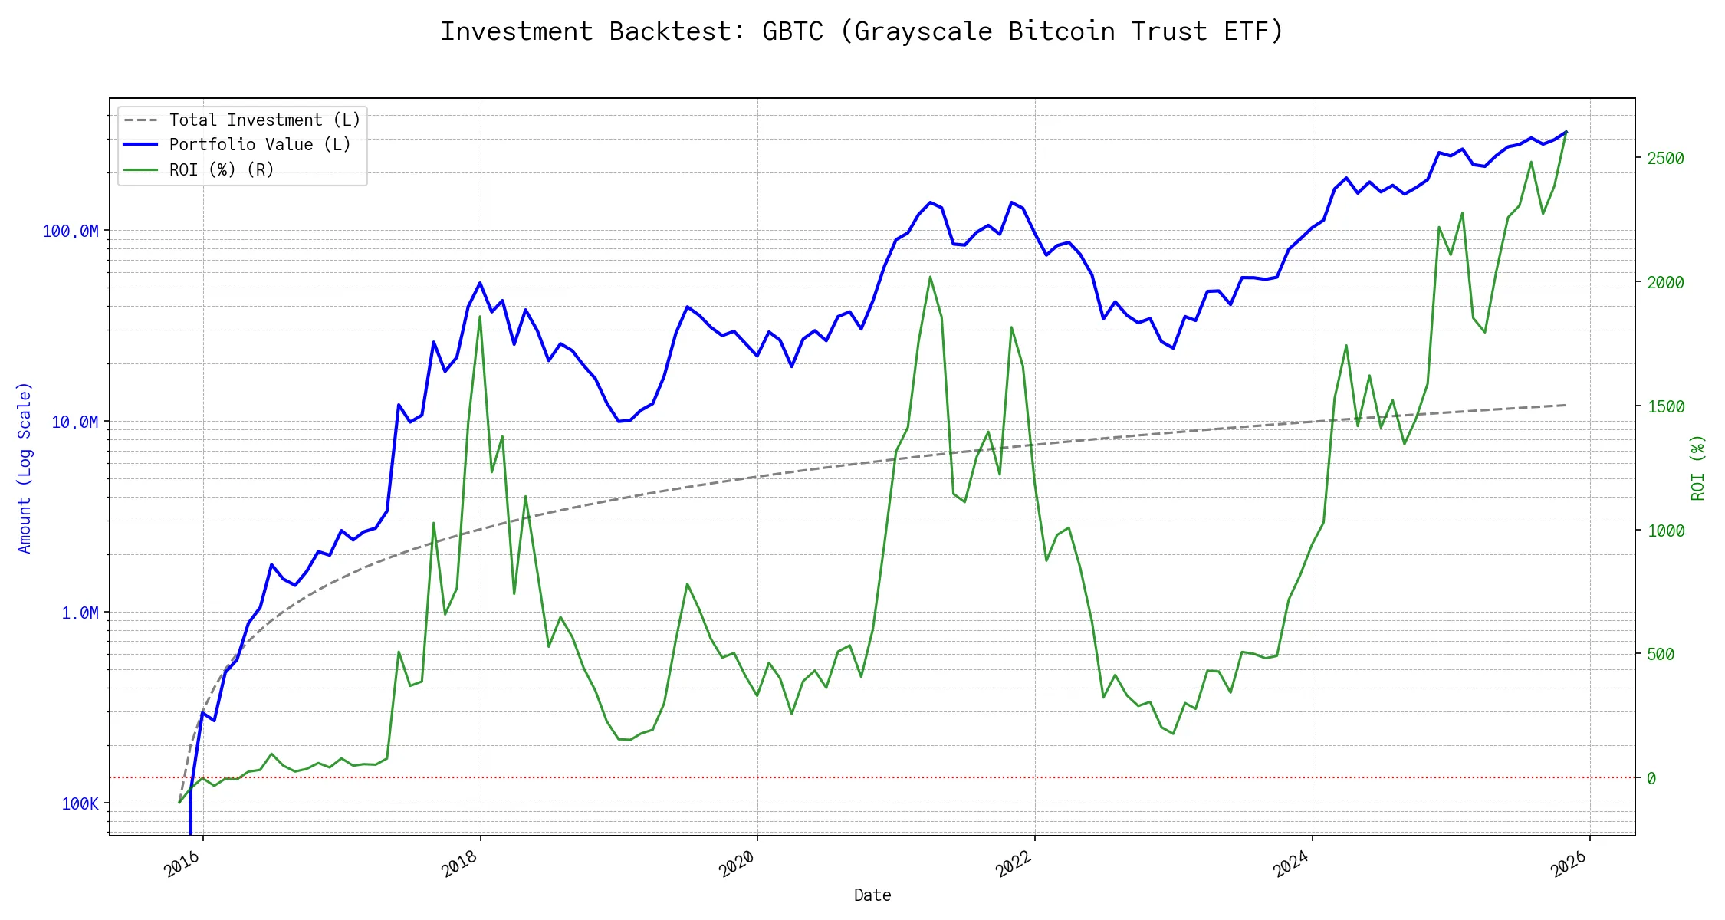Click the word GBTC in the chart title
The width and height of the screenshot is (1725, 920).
pyautogui.click(x=792, y=31)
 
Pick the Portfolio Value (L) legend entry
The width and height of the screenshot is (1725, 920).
pyautogui.click(x=260, y=145)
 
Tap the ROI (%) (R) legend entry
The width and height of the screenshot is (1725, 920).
pyautogui.click(x=222, y=169)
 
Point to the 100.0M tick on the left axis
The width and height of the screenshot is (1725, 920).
pyautogui.click(x=71, y=231)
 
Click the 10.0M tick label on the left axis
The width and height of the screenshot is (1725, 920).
pyautogui.click(x=74, y=422)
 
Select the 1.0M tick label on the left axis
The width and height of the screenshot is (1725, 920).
pyautogui.click(x=80, y=613)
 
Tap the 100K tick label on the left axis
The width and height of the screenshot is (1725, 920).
pyautogui.click(x=80, y=803)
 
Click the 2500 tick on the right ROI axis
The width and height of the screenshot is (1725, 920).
pyautogui.click(x=1665, y=159)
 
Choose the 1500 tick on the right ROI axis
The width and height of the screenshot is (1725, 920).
pyautogui.click(x=1665, y=406)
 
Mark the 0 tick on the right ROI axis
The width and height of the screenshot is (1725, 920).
pyautogui.click(x=1651, y=778)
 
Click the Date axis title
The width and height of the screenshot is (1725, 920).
pyautogui.click(x=872, y=895)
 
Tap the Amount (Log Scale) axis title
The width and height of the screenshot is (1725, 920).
pyautogui.click(x=25, y=468)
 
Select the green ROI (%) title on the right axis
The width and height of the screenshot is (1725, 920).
pyautogui.click(x=1698, y=468)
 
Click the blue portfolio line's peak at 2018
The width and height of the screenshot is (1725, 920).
pyautogui.click(x=480, y=283)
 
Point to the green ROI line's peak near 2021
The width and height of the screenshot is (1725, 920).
pyautogui.click(x=930, y=277)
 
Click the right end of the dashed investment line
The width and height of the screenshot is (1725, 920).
pyautogui.click(x=1565, y=405)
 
